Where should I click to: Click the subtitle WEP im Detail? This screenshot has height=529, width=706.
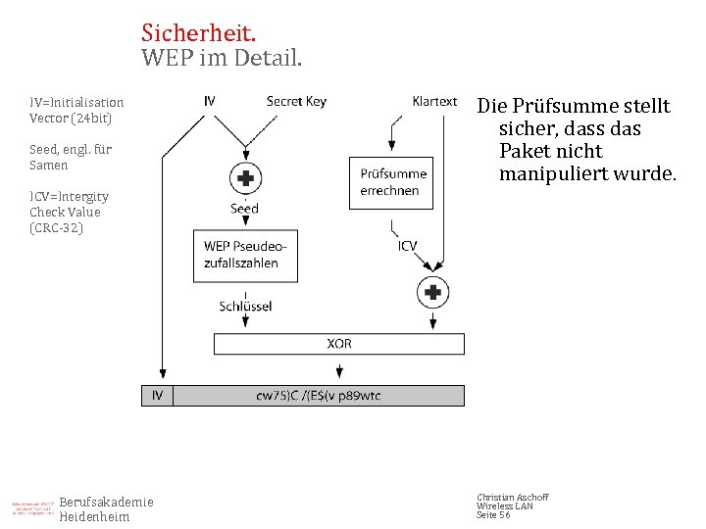222,58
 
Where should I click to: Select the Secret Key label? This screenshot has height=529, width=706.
296,101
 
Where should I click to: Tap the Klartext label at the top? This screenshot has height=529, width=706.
434,101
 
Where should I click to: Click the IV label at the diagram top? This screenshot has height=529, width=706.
210,101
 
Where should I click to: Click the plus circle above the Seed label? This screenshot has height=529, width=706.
244,178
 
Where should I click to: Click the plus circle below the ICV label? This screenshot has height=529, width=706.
431,291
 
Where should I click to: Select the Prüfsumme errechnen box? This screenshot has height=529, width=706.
393,182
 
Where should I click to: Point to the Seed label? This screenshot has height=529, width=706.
244,209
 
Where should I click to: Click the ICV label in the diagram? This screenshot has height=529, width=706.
407,246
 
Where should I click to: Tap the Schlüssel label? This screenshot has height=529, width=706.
245,307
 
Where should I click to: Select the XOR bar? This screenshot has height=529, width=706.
339,344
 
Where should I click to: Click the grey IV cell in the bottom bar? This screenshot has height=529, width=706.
157,396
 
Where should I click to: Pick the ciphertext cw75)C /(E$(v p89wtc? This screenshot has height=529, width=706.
318,396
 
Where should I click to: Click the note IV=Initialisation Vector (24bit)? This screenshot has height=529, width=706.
76,110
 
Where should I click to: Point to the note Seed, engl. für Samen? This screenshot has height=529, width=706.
71,157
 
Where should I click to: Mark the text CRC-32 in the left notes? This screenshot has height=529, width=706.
57,227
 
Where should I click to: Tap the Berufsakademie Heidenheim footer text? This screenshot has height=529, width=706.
106,509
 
